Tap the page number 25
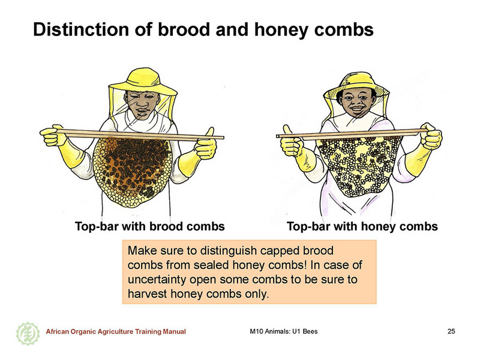click(x=451, y=331)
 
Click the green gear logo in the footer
click(x=28, y=334)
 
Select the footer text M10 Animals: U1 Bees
click(x=283, y=331)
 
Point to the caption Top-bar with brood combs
click(x=149, y=227)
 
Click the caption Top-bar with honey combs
click(x=362, y=227)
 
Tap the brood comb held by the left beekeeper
click(x=132, y=172)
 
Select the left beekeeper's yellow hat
click(x=143, y=81)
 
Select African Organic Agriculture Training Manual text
click(x=116, y=331)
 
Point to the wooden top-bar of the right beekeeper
click(x=352, y=134)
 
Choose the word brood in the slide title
click(x=187, y=29)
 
